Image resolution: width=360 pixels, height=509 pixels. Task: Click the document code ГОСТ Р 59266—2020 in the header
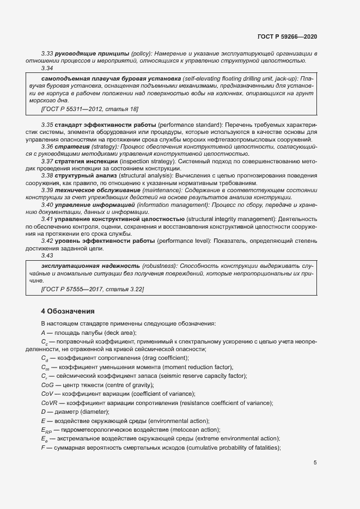tap(287, 37)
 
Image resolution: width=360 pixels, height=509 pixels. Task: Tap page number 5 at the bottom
tap(315, 463)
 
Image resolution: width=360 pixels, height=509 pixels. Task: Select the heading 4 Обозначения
tap(68, 311)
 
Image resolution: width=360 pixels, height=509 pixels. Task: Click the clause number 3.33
tap(47, 53)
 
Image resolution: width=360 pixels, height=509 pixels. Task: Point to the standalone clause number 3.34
tap(47, 69)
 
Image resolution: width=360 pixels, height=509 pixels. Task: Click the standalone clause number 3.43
tap(47, 255)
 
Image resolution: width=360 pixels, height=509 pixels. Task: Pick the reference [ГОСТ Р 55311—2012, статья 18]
tap(82, 109)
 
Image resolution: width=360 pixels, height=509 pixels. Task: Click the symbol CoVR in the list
tap(50, 403)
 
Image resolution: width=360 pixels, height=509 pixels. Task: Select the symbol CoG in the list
tap(47, 385)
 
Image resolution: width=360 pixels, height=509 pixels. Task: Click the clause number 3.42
tap(47, 241)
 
